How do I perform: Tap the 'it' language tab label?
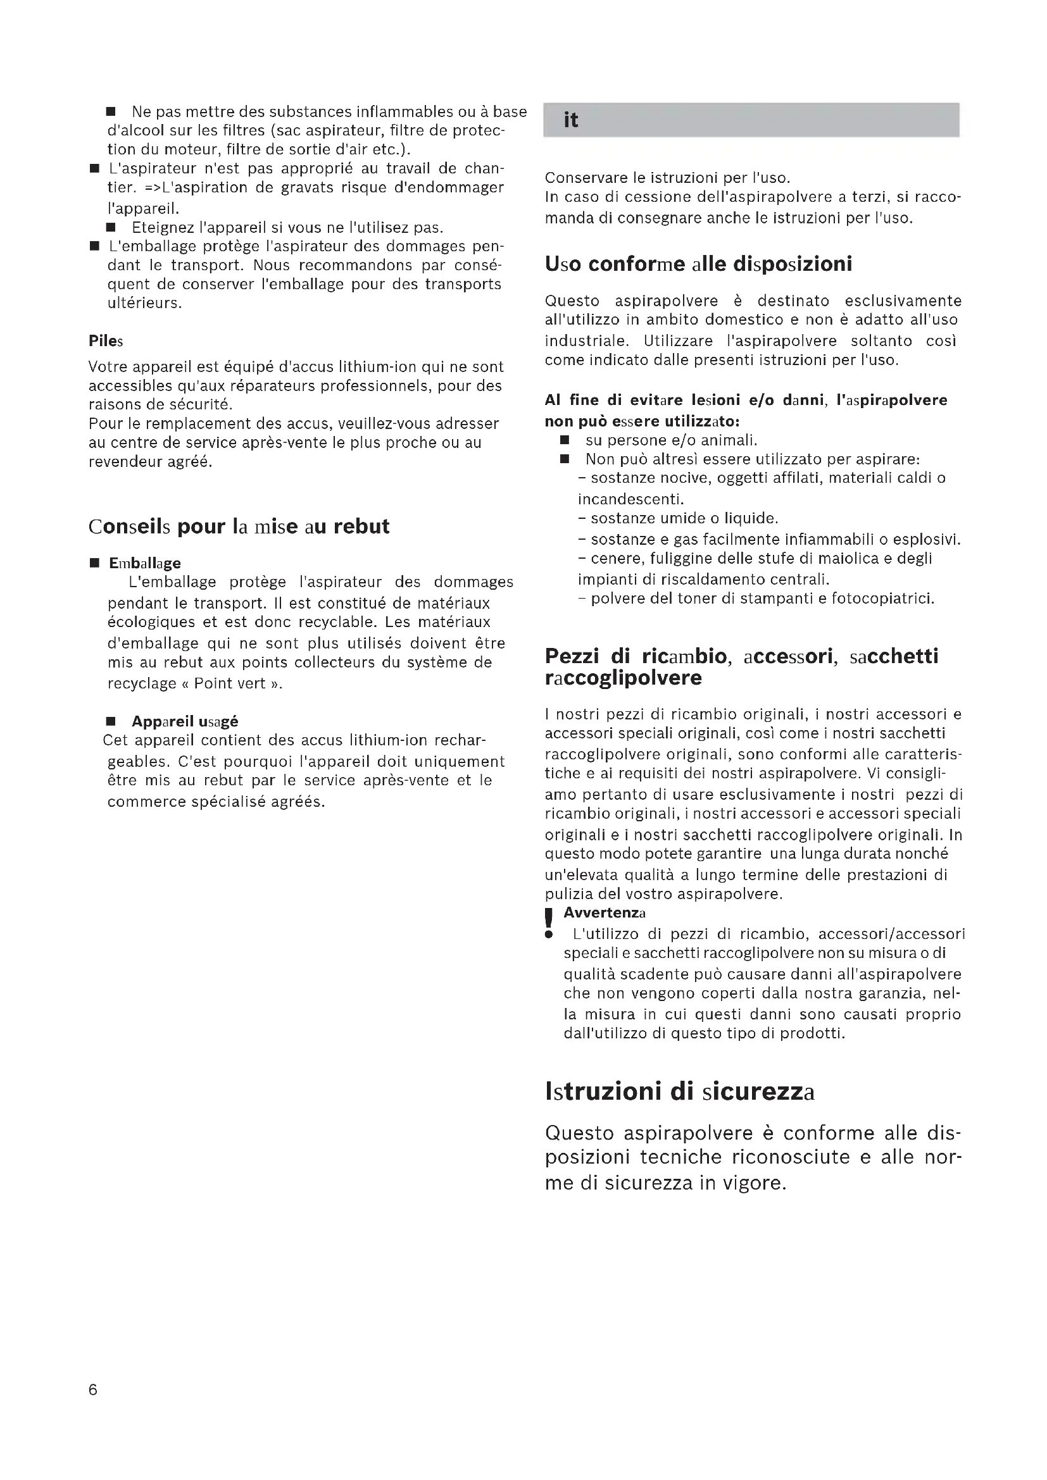(570, 120)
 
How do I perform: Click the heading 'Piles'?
(106, 341)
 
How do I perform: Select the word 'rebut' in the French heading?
(361, 526)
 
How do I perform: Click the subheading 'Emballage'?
(144, 563)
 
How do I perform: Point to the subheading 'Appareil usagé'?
(185, 721)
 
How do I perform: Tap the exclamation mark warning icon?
(549, 923)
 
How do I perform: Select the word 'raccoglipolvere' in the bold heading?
(623, 678)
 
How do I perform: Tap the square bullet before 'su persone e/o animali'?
(565, 440)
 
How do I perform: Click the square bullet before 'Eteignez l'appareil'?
(111, 228)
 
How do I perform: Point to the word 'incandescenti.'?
(630, 499)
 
